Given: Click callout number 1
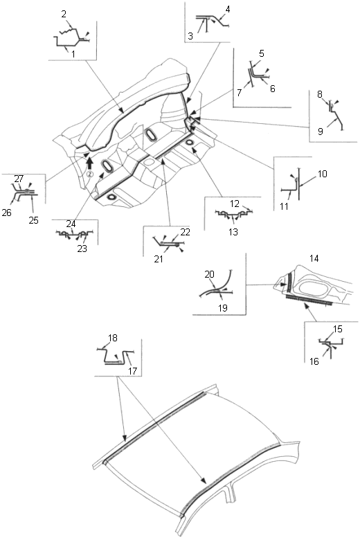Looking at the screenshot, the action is pos(73,54).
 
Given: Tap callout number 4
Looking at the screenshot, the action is pos(227,9).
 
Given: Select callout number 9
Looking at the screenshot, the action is pos(321,132).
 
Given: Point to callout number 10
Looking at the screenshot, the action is pos(322,174).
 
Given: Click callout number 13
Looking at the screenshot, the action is pos(233,232).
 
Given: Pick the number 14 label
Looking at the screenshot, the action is pos(314,258).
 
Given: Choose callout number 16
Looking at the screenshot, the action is pos(314,361).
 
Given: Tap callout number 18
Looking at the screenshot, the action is pos(113,338).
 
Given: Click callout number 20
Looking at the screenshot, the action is pos(210,274).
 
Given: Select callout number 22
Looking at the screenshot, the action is pos(186,232).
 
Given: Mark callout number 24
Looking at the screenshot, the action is pos(71,224).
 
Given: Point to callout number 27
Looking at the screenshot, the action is pos(19,179).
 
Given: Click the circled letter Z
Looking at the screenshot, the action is pos(89,174).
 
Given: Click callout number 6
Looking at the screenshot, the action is pos(273,89).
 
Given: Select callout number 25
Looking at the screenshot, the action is pos(33,220).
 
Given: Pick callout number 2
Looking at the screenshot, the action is pos(64,14).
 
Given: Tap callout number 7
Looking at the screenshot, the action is pos(239,93).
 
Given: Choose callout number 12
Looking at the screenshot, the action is pos(235,204).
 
